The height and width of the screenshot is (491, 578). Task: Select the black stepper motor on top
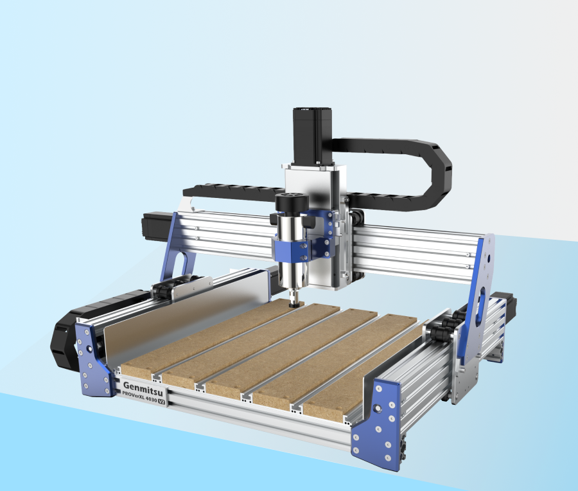311,136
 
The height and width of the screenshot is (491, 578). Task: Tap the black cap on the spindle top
290,202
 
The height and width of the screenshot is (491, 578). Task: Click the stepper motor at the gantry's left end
157,223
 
